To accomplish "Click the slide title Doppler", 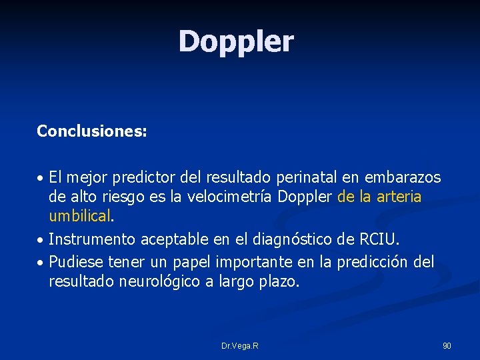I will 235,42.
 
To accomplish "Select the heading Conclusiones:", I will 92,131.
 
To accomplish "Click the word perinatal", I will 306,178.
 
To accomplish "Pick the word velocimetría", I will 233,197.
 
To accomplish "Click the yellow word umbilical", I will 79,216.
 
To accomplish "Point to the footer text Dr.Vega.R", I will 240,346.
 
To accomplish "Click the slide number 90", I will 447,346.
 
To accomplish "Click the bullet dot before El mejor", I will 41,179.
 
